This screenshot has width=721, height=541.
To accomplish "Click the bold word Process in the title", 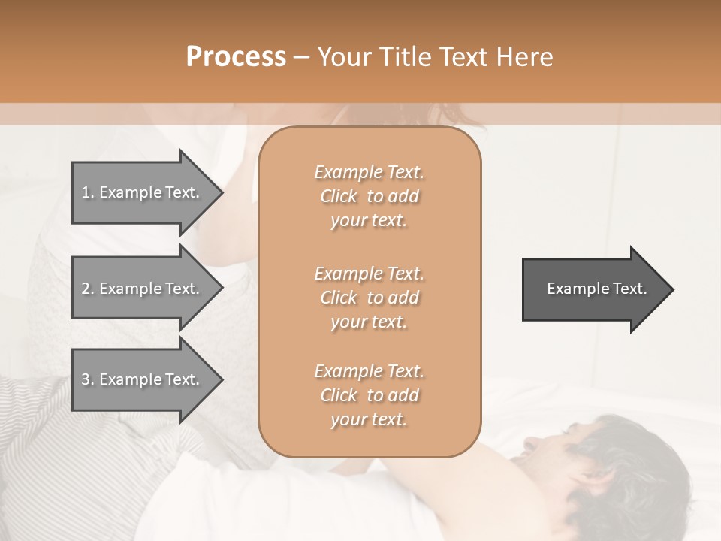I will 236,57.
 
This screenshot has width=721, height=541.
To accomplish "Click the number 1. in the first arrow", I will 88,192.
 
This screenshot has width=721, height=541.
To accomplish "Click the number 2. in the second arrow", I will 88,289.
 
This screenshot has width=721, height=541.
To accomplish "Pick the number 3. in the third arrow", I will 88,379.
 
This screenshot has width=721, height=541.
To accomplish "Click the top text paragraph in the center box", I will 369,196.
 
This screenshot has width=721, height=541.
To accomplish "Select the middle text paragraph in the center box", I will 369,297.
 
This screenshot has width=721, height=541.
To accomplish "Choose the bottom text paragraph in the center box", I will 369,395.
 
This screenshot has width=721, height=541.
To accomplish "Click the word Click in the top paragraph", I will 339,196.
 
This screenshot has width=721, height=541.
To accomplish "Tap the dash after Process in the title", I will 302,57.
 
